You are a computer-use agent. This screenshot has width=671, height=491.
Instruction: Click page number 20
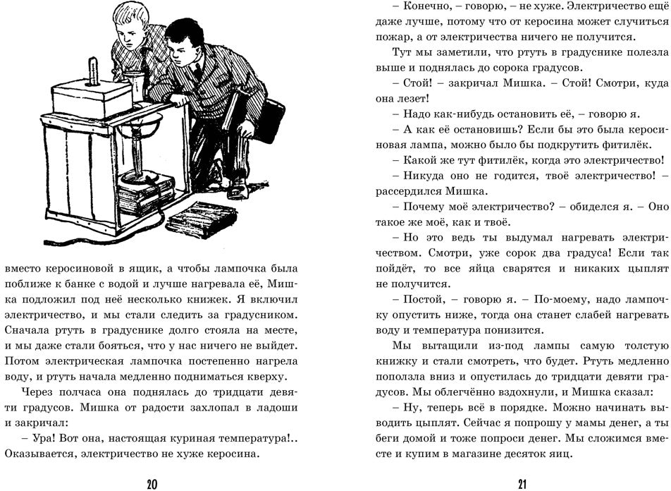click(x=152, y=484)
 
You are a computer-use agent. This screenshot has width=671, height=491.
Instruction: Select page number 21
click(x=522, y=484)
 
